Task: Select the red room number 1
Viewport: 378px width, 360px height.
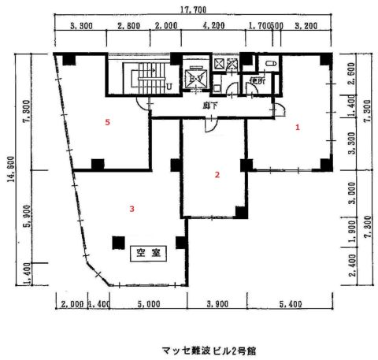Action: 298,127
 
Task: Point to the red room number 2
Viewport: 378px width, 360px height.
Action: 217,175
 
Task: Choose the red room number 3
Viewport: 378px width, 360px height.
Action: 132,209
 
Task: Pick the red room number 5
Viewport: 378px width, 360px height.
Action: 108,122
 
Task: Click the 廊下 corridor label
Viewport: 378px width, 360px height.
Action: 210,103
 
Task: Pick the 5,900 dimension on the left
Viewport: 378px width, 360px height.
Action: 27,213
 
